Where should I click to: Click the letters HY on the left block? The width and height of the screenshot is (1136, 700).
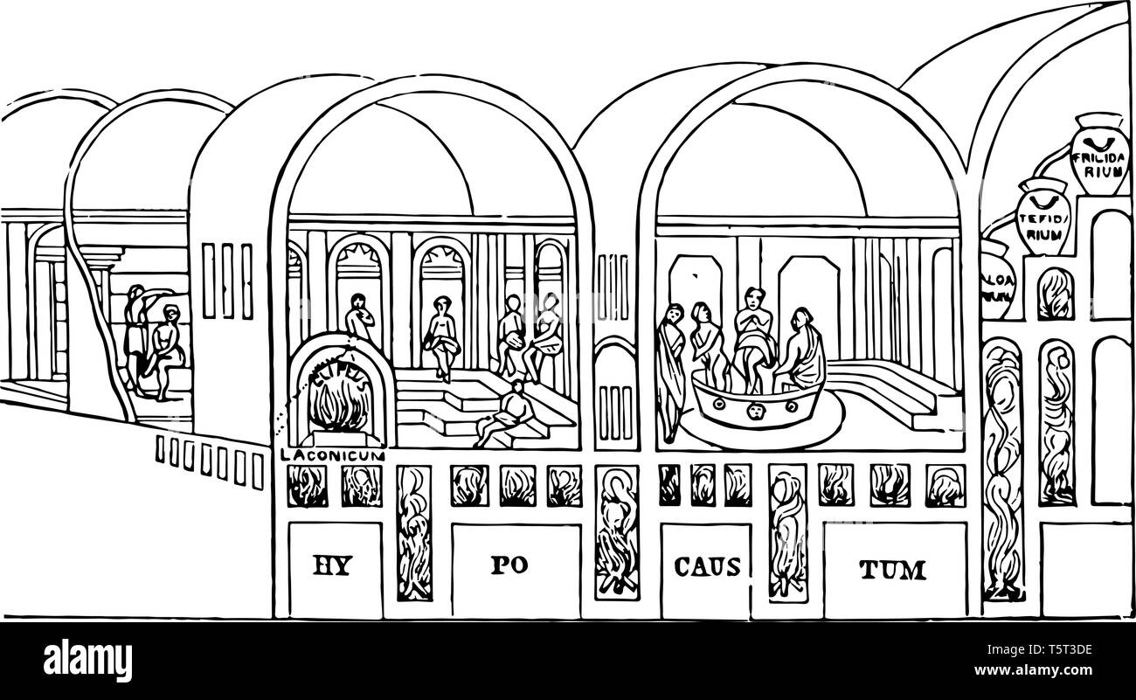click(332, 568)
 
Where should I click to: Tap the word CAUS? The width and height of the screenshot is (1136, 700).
click(706, 568)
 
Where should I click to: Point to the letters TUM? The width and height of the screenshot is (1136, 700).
click(892, 572)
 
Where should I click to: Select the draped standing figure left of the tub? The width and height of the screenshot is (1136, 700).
click(672, 367)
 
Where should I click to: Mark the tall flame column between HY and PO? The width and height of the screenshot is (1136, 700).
click(414, 533)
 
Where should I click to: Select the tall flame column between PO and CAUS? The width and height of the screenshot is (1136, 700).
click(616, 533)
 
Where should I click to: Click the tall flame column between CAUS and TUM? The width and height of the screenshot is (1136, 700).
click(787, 533)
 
